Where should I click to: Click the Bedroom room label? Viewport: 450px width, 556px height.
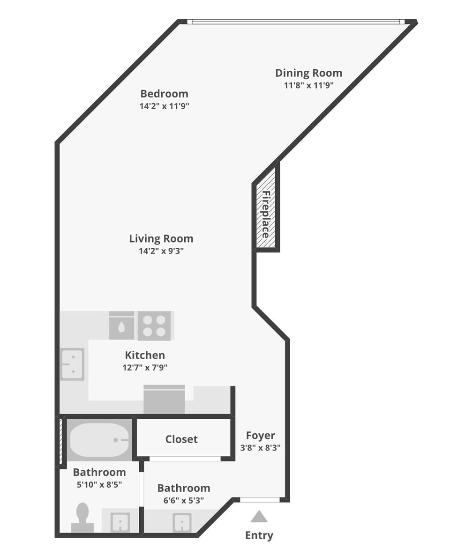[x=164, y=94]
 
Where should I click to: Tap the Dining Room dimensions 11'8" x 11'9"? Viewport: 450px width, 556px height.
[x=308, y=85]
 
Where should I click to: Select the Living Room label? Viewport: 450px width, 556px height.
[x=161, y=238]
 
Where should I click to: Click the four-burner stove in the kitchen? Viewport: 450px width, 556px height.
[x=154, y=326]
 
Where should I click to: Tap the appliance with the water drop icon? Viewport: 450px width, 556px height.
[x=121, y=326]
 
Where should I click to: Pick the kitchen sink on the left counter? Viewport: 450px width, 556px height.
[x=72, y=364]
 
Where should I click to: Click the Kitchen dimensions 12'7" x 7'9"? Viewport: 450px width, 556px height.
[x=145, y=368]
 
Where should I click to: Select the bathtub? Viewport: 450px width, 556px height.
[x=99, y=440]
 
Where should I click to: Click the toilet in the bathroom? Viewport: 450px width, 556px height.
[x=82, y=517]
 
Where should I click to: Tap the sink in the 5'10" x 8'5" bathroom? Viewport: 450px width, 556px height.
[x=120, y=522]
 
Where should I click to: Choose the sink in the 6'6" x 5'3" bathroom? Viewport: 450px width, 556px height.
[x=182, y=522]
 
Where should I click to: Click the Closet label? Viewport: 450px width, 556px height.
[x=181, y=439]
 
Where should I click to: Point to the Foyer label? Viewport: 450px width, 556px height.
[x=260, y=436]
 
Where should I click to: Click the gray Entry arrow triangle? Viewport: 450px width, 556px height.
[x=259, y=517]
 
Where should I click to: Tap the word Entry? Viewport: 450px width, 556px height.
[x=259, y=535]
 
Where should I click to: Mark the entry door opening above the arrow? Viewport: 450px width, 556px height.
[x=260, y=500]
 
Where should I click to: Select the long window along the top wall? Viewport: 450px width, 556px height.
[x=296, y=22]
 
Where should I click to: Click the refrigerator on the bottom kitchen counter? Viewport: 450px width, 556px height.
[x=164, y=400]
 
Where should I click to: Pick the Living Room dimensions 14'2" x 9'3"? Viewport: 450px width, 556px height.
[x=161, y=251]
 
